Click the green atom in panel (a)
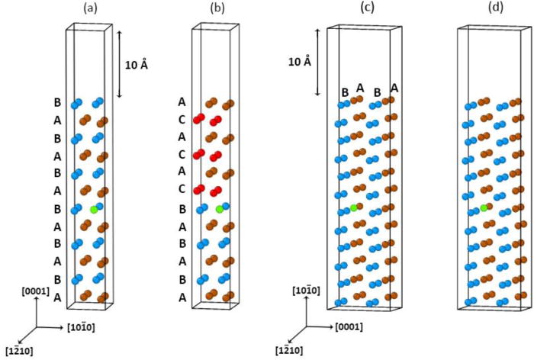coord(94,208)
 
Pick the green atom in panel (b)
coord(219,209)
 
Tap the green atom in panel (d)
coord(484,207)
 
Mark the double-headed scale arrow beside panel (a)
coord(119,64)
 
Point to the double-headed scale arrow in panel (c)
coord(320,62)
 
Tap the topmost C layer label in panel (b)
coord(182,119)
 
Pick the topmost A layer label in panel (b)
coord(182,101)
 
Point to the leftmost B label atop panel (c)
coord(345,93)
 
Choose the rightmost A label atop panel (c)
coord(394,88)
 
